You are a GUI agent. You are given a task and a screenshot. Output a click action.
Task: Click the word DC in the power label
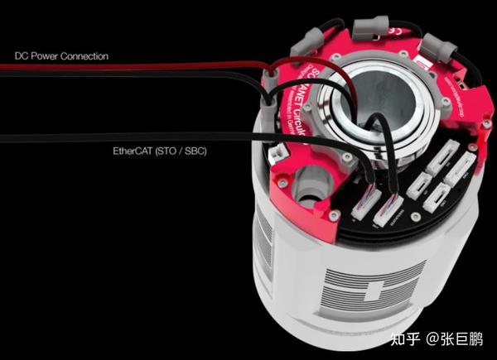point(22,56)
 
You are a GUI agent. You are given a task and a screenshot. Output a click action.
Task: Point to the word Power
point(46,56)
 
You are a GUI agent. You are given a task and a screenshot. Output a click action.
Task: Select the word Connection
point(86,56)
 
